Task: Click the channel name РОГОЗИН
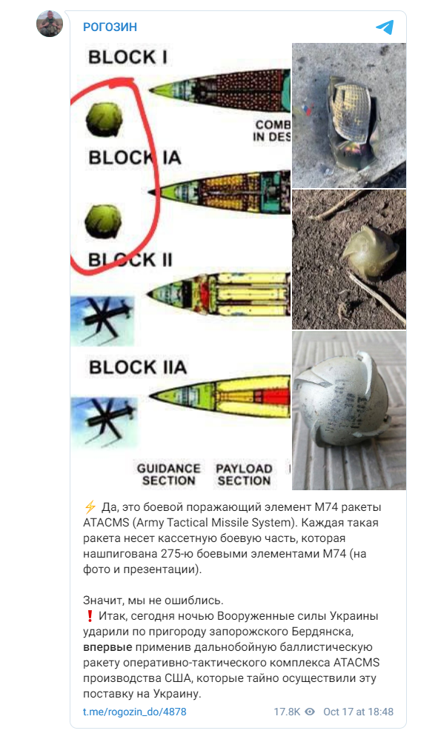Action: (x=110, y=27)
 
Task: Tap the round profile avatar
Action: (x=50, y=24)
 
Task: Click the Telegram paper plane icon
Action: (x=385, y=27)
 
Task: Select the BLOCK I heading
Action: (x=127, y=57)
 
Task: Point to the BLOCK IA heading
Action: (x=135, y=158)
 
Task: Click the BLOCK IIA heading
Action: (x=138, y=367)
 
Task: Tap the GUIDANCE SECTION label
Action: (x=168, y=475)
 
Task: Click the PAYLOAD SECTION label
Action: (x=244, y=475)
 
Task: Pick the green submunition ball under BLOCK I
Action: (x=104, y=120)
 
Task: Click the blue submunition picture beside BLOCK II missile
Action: (x=102, y=321)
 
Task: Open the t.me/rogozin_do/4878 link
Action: (x=134, y=712)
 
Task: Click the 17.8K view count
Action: (x=287, y=712)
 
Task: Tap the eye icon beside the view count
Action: (x=310, y=712)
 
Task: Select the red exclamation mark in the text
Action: (x=90, y=616)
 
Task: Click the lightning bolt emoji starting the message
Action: (x=90, y=507)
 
